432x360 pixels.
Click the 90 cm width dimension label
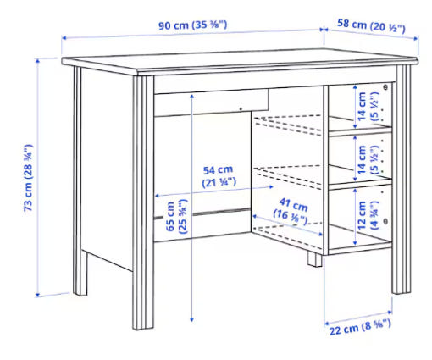[192, 25]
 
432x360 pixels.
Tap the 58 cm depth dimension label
[371, 25]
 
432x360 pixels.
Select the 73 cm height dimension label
[28, 178]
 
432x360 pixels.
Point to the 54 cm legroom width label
[219, 177]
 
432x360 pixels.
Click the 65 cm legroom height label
[176, 216]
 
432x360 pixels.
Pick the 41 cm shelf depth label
[291, 212]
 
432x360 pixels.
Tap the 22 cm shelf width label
[360, 327]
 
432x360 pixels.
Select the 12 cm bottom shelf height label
[368, 215]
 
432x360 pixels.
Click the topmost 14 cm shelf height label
[368, 107]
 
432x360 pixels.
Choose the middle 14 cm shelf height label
[368, 160]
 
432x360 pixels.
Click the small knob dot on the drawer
[241, 108]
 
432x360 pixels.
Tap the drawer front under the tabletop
[211, 102]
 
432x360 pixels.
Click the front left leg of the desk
[143, 202]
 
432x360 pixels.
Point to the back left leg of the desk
[79, 180]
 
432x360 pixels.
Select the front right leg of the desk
[402, 180]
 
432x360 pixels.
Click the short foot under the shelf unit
[314, 258]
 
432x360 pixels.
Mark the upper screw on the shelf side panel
[385, 87]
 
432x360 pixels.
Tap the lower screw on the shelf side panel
[385, 220]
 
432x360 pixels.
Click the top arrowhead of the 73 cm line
[37, 60]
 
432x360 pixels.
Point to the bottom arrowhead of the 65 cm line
[191, 319]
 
